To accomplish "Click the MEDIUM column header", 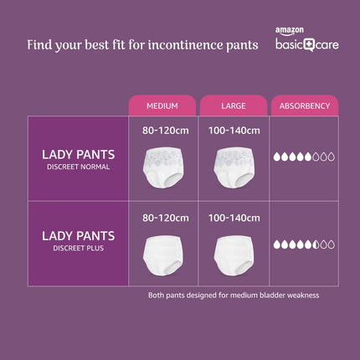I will pos(162,105).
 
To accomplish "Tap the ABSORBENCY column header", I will pos(303,105).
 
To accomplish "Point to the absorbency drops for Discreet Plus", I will pos(304,244).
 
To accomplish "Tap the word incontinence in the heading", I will pos(187,44).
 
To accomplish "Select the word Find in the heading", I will pos(40,43).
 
